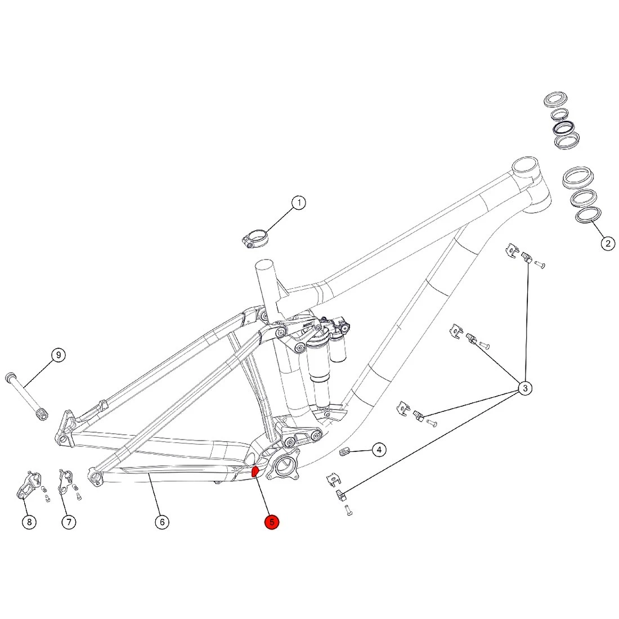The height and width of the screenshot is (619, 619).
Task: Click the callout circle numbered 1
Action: click(x=299, y=203)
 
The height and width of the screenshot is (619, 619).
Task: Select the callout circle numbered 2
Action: click(x=607, y=244)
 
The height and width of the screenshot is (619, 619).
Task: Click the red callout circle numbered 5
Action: click(x=272, y=522)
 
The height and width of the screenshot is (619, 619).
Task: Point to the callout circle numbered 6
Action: click(x=162, y=522)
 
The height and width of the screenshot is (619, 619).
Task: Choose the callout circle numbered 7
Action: click(x=68, y=522)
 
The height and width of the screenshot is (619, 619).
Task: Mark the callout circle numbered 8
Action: click(x=29, y=522)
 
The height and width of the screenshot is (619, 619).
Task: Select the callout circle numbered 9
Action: click(x=58, y=355)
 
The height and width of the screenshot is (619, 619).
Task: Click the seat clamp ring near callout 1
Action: click(x=256, y=237)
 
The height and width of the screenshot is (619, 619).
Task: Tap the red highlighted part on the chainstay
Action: click(x=254, y=471)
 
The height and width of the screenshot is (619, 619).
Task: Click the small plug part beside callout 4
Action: click(x=347, y=451)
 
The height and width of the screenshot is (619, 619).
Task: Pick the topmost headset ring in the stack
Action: click(x=557, y=101)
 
